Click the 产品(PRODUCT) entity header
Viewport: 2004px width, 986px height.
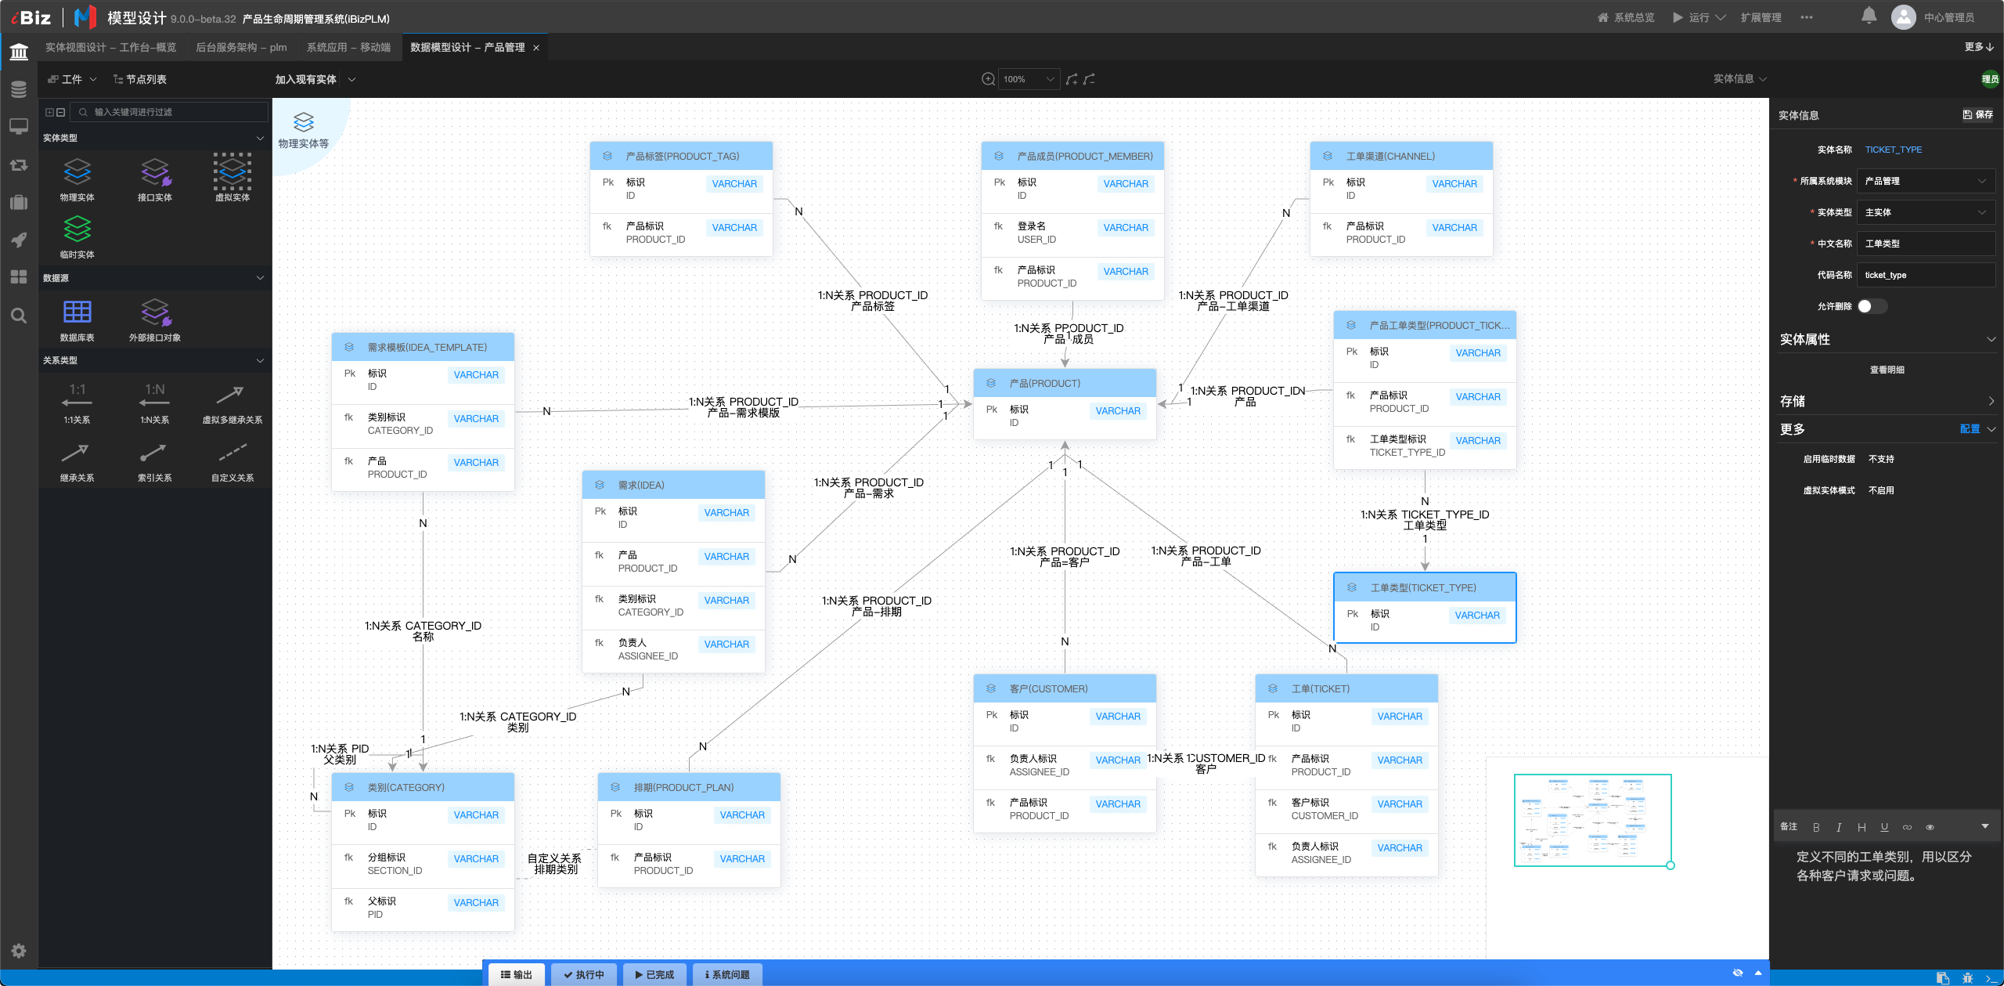(1065, 383)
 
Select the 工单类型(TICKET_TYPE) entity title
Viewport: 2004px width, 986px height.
(1423, 587)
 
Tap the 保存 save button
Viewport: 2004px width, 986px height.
(1977, 114)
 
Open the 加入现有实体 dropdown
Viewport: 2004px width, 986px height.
(315, 79)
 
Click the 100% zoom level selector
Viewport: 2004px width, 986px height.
(1029, 79)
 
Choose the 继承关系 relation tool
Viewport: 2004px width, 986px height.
(77, 462)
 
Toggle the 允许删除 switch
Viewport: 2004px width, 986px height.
(1872, 306)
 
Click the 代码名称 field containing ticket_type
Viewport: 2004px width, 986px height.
(1926, 275)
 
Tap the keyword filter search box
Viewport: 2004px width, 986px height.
(170, 112)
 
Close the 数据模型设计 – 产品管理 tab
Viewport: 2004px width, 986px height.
(536, 48)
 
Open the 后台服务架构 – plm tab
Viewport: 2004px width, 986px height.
(241, 48)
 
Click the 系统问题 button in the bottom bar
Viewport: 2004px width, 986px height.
(727, 974)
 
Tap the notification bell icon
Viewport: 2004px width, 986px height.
(1869, 16)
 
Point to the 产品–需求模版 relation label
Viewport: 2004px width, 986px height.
(744, 413)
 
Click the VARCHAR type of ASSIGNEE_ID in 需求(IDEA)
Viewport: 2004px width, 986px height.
(726, 645)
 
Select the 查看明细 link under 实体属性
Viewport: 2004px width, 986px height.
(1887, 370)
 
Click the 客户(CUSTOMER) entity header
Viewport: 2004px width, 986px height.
(1065, 688)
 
